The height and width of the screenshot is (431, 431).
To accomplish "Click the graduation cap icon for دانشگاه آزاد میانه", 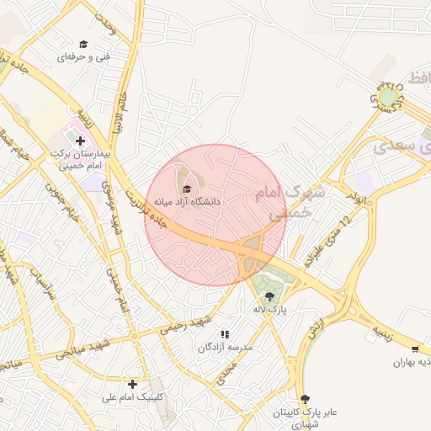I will tap(187, 189).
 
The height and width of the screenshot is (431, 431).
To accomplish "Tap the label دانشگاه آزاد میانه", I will tap(186, 202).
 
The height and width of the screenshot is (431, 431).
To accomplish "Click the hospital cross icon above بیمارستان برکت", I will tap(81, 141).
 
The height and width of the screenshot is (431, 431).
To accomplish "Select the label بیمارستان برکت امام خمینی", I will tap(80, 159).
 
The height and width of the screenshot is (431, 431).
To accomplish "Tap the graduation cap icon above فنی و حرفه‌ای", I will tap(83, 44).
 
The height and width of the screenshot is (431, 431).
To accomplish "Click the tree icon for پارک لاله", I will tap(269, 295).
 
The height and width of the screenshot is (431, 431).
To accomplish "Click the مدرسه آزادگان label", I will tap(225, 347).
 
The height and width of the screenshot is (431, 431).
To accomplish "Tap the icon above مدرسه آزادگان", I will tap(225, 334).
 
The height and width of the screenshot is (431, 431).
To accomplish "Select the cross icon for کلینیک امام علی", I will tap(132, 384).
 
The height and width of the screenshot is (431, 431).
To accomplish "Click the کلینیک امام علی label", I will tap(134, 396).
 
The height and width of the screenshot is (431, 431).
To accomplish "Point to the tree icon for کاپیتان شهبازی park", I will tap(305, 398).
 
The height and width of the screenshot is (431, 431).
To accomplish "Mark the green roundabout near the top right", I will tap(387, 98).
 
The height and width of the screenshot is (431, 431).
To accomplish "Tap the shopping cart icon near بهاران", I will tap(415, 349).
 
